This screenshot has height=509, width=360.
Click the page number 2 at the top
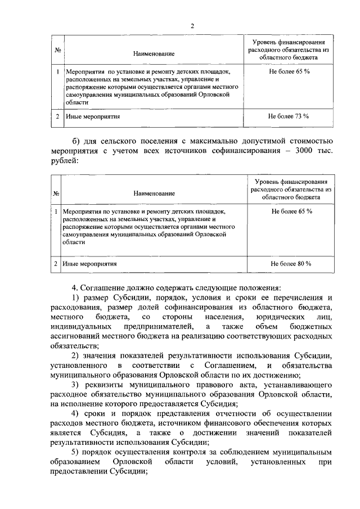coord(192,26)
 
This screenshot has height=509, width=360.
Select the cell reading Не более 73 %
coord(289,116)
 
